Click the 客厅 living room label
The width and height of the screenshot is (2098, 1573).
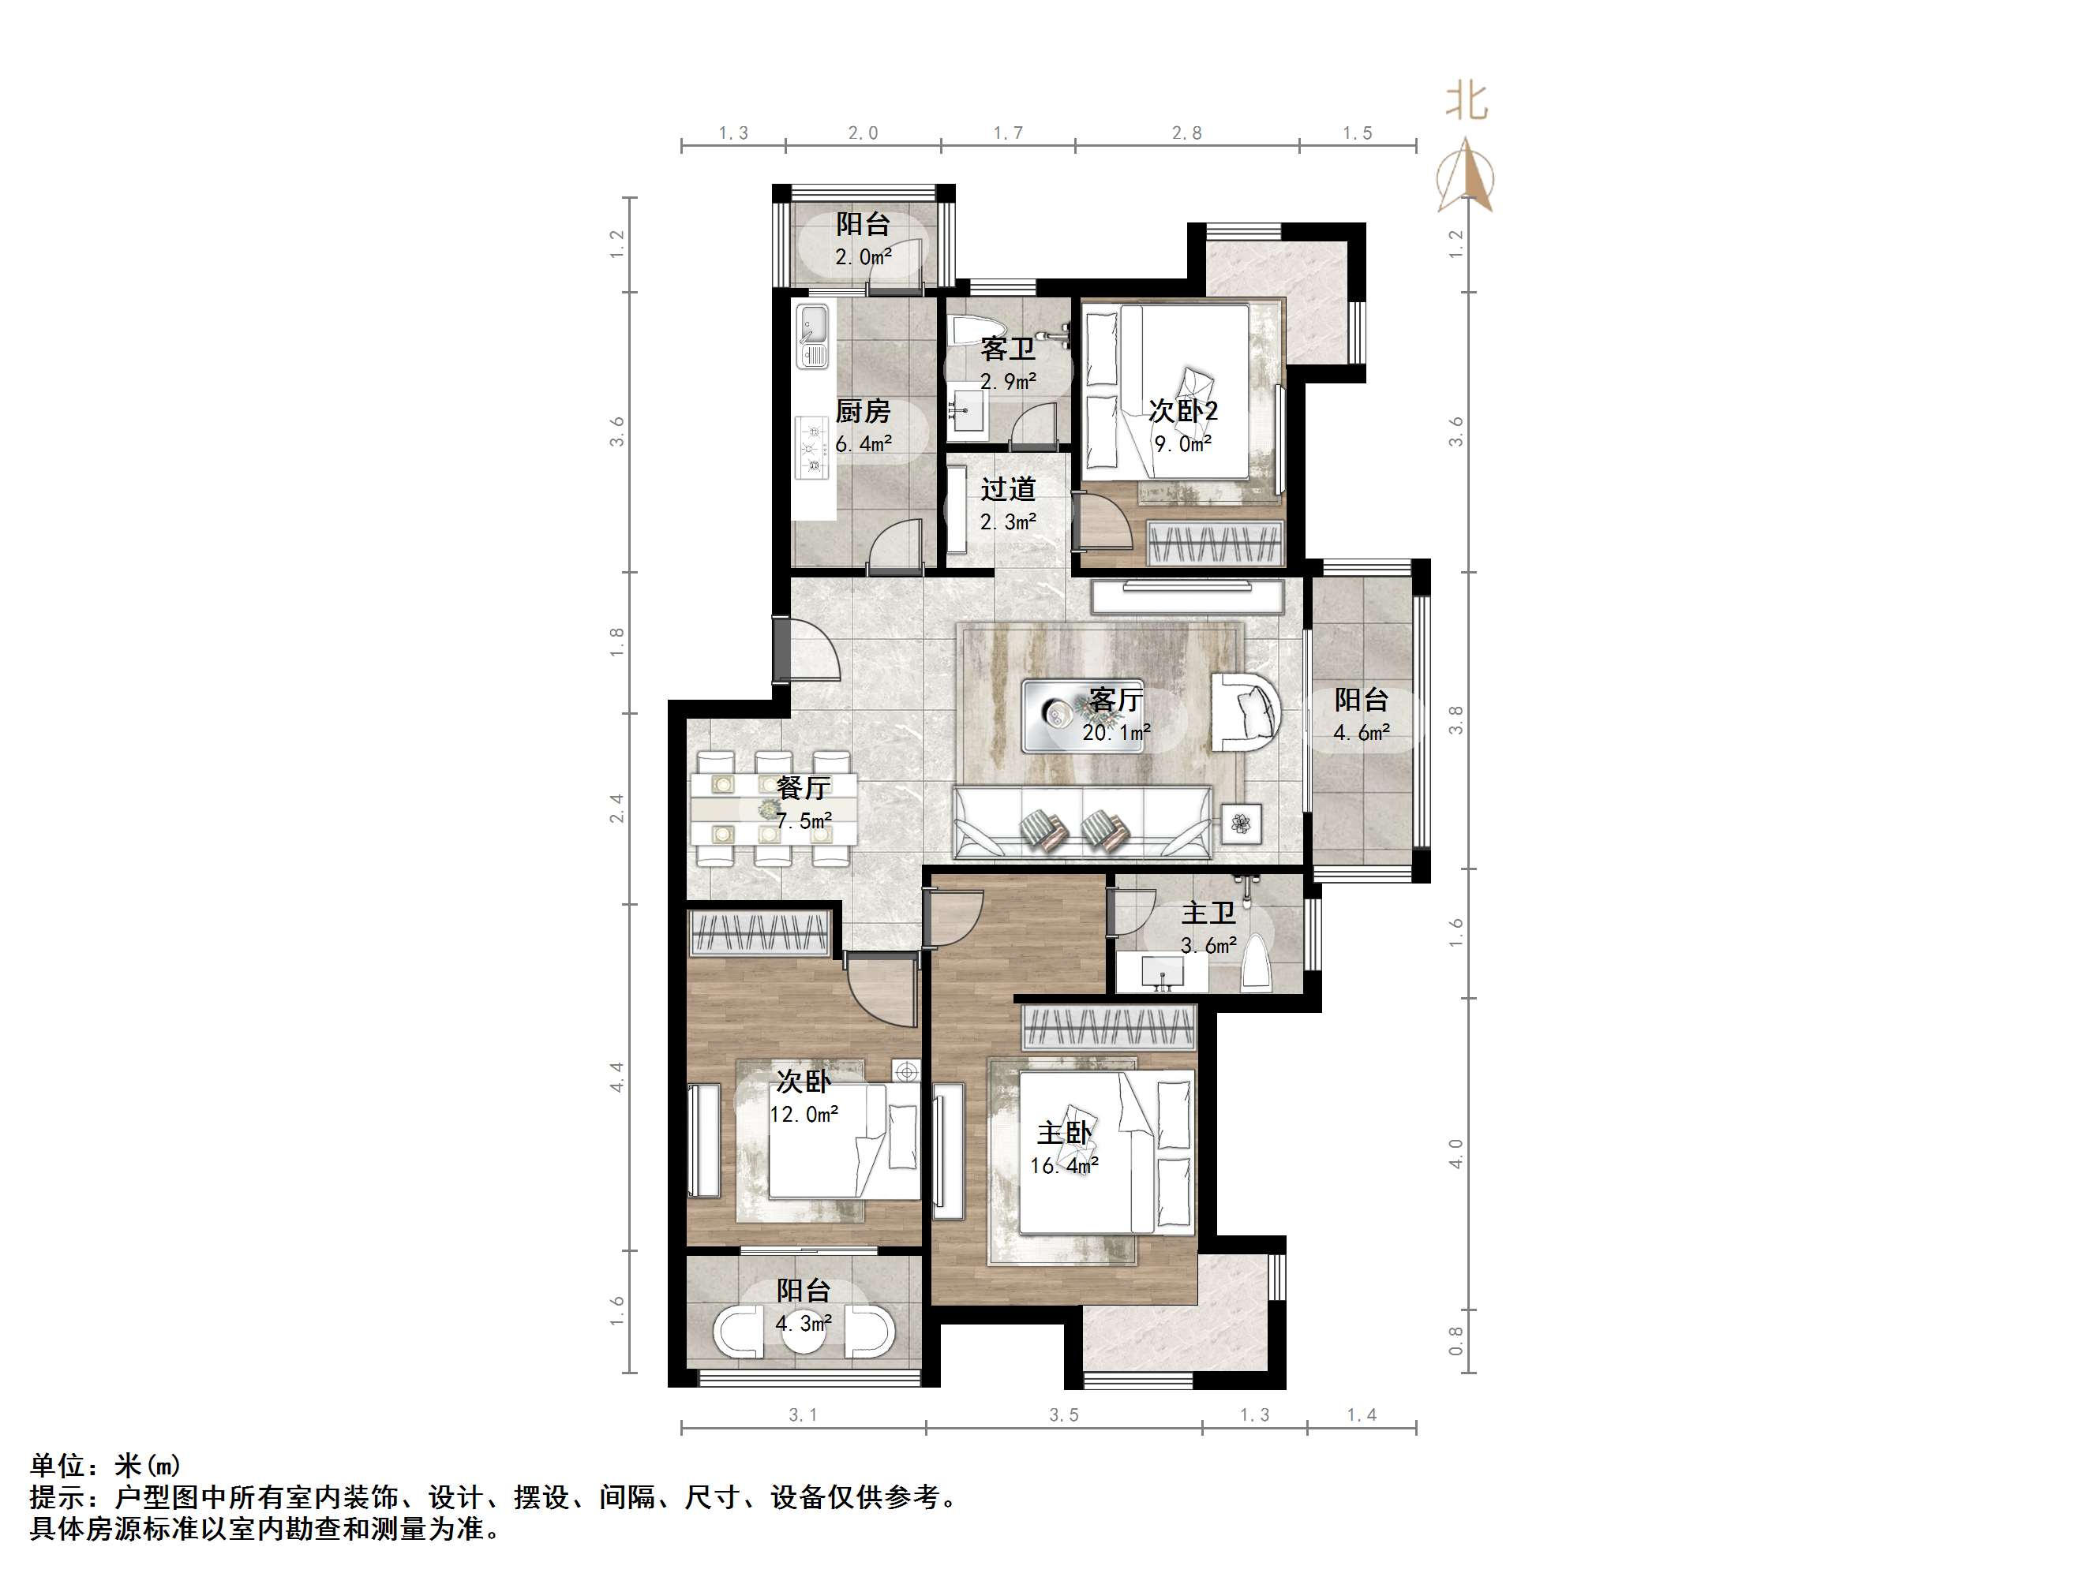coord(1115,700)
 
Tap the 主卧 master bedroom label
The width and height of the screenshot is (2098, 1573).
coord(1064,1133)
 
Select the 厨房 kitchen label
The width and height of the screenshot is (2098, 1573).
coord(863,412)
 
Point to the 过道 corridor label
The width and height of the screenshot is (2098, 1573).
coord(1008,489)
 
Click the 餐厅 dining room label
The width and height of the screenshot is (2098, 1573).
coord(804,788)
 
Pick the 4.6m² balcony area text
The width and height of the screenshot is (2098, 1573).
coord(1362,732)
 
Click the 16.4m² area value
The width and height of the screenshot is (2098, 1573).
coord(1064,1165)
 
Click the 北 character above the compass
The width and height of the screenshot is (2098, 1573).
coord(1467,100)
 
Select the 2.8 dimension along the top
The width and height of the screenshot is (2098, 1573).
coord(1186,133)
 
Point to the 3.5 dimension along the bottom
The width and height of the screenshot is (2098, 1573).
coord(1064,1414)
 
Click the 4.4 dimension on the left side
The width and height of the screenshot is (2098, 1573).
coord(617,1076)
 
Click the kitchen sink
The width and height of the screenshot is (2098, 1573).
coord(813,337)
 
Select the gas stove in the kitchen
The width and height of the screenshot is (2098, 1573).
coord(813,447)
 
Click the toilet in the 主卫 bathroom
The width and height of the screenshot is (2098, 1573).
coord(1256,963)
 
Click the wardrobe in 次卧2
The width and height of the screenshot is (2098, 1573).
coord(1215,544)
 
